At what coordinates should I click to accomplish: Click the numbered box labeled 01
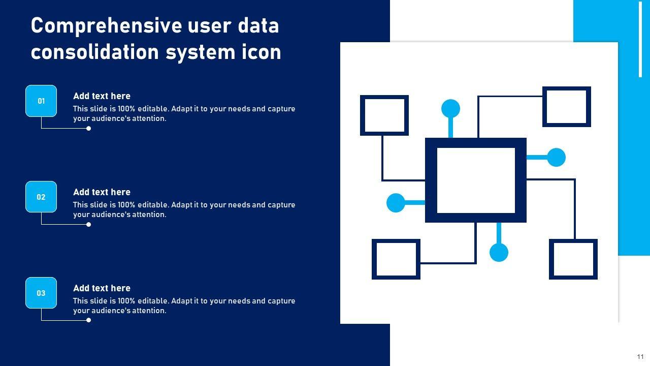pyautogui.click(x=41, y=101)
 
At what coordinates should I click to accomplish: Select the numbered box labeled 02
pyautogui.click(x=41, y=197)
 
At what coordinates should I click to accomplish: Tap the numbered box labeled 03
pyautogui.click(x=41, y=293)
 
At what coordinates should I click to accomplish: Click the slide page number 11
pyautogui.click(x=640, y=357)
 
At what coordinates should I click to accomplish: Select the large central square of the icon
pyautogui.click(x=476, y=180)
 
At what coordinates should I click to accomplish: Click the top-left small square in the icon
pyautogui.click(x=384, y=115)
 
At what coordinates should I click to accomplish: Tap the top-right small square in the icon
pyautogui.click(x=567, y=107)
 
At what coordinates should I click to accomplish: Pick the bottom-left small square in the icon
pyautogui.click(x=396, y=259)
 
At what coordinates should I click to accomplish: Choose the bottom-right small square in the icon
pyautogui.click(x=573, y=259)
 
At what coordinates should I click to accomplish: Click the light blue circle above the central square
pyautogui.click(x=450, y=108)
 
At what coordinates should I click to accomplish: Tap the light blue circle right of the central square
pyautogui.click(x=556, y=158)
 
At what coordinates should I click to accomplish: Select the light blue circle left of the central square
pyautogui.click(x=396, y=203)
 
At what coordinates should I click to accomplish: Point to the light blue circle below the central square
pyautogui.click(x=499, y=252)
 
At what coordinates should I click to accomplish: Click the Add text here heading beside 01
pyautogui.click(x=102, y=96)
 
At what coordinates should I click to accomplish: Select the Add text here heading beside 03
pyautogui.click(x=102, y=288)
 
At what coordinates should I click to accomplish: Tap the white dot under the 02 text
pyautogui.click(x=89, y=225)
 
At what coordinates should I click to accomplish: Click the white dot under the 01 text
pyautogui.click(x=89, y=129)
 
